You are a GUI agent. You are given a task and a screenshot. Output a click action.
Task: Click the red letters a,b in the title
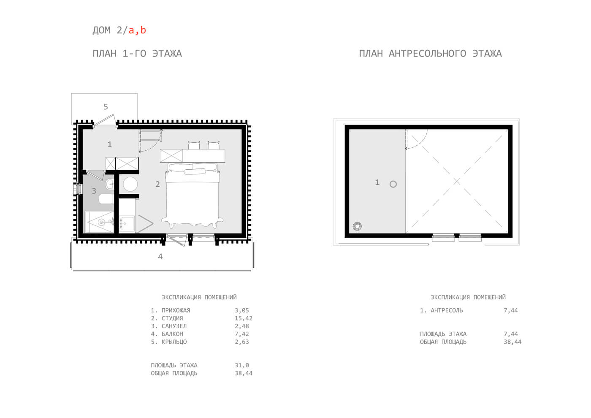point(137,30)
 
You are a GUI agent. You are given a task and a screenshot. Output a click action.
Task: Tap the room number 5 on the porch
point(106,106)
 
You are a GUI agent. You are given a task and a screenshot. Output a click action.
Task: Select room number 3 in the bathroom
point(94,191)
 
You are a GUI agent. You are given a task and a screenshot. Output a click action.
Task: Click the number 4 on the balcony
point(160,256)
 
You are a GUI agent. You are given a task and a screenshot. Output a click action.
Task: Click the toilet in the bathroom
point(106,199)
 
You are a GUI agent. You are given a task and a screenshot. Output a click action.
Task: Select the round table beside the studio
point(130,184)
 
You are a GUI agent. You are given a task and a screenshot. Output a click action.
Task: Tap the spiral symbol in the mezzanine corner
point(357,226)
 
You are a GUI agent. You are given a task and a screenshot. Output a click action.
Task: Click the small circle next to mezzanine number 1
point(393,184)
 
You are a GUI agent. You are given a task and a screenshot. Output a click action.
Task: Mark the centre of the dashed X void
point(457,181)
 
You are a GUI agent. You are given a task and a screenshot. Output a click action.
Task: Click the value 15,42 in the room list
point(244,318)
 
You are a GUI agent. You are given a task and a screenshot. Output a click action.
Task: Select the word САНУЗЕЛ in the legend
point(174,326)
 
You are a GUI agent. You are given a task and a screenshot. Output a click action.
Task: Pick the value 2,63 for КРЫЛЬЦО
point(241,342)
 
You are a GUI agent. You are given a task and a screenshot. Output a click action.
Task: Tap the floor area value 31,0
point(241,365)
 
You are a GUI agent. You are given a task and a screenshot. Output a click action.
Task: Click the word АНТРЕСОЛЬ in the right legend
point(447,310)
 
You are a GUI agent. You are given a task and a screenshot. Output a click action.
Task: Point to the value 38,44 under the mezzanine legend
point(512,342)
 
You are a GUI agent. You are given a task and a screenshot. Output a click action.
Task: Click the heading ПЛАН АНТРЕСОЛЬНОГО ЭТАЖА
point(430,54)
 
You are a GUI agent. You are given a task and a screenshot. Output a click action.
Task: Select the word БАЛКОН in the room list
point(172,334)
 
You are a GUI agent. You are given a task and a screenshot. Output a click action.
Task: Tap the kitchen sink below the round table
point(127,223)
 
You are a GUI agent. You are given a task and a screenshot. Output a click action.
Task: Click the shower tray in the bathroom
point(100,222)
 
